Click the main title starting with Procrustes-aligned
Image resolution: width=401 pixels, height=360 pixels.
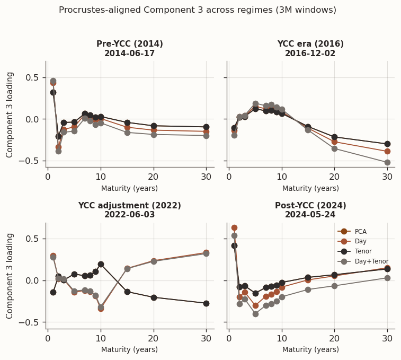tap(197, 10)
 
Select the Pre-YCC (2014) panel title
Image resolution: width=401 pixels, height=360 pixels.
tap(130, 44)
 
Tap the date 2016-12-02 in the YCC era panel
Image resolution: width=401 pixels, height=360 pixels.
tap(310, 54)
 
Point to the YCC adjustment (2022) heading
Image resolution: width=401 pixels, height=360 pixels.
tap(130, 206)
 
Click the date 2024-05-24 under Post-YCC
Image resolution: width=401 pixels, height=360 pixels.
tap(310, 215)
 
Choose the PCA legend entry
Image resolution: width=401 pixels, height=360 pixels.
tap(360, 231)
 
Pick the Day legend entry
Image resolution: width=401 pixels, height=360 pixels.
tap(360, 241)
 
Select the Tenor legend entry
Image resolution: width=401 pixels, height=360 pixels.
tap(363, 251)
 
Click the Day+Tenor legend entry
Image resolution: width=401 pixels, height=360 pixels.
tap(371, 261)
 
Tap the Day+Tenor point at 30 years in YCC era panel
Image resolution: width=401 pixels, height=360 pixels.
tap(387, 162)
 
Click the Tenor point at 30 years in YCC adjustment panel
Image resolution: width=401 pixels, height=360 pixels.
tap(206, 303)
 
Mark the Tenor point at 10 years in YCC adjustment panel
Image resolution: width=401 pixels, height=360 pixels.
tap(101, 264)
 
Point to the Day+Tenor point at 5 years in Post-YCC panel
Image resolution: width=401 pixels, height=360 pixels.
tap(255, 314)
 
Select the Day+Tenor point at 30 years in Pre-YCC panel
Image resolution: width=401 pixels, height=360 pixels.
tap(206, 136)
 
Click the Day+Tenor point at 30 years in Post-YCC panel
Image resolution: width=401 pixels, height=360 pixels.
tap(387, 278)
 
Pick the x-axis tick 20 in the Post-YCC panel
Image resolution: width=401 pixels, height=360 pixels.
tap(334, 339)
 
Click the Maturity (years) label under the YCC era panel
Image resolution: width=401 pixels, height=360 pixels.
tap(310, 188)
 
